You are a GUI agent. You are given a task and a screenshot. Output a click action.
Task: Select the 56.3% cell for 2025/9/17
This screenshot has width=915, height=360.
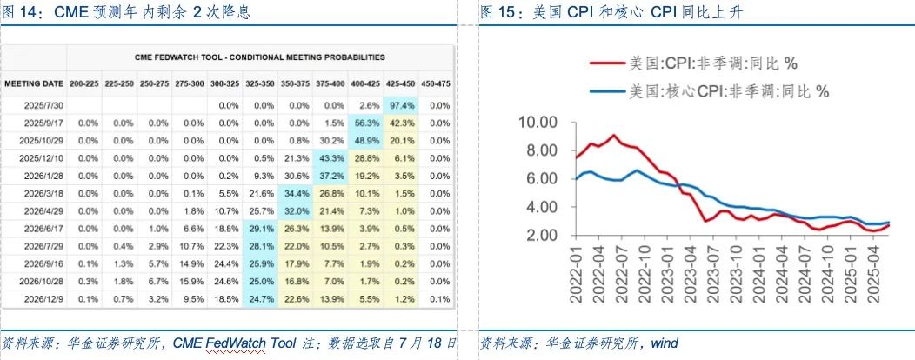pos(365,123)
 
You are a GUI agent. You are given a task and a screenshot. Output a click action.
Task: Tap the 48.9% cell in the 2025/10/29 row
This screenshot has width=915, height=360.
pos(365,140)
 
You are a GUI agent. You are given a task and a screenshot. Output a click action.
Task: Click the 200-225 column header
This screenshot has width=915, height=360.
pos(84,83)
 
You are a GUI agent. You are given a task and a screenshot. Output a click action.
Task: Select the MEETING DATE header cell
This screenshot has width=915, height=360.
pos(34,83)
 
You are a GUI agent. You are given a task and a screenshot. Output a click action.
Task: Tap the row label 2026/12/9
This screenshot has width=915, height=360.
pos(43,299)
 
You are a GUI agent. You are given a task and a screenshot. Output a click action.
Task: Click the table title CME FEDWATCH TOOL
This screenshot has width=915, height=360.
pos(259,57)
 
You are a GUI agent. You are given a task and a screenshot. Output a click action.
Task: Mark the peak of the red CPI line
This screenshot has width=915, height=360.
pos(614,135)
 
